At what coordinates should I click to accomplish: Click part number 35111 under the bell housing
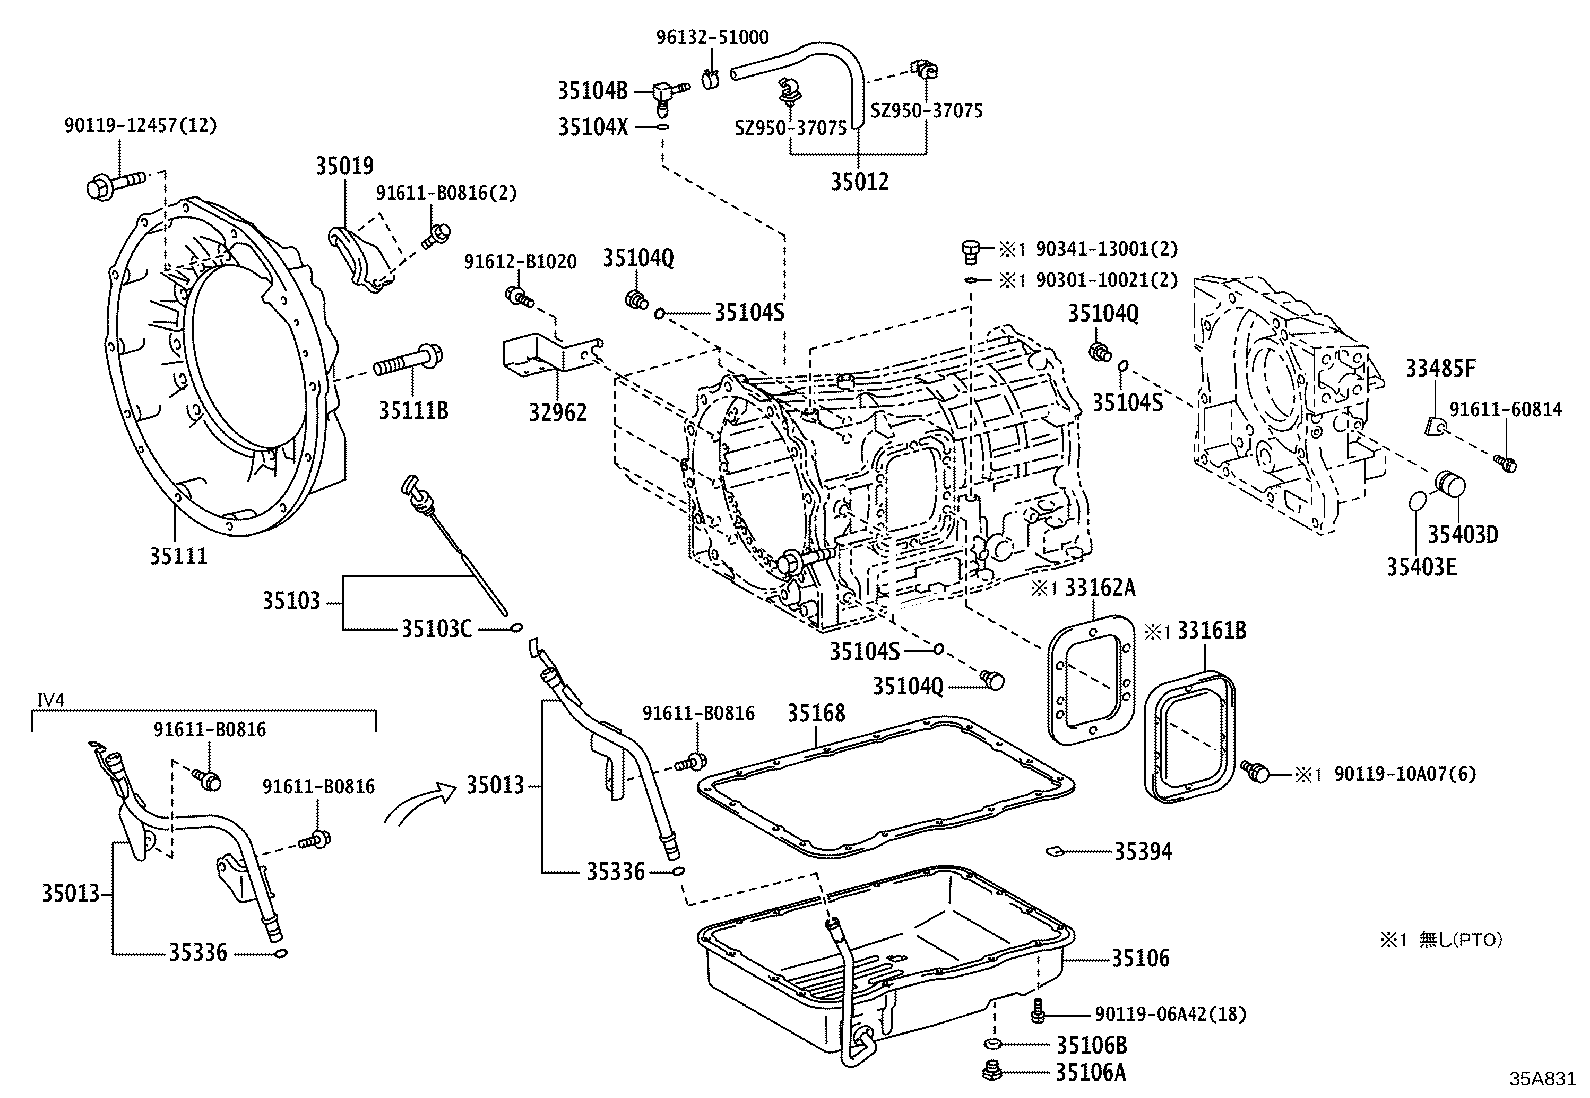[179, 555]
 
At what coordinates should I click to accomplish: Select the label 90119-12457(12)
[139, 125]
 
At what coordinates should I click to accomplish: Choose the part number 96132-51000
[712, 38]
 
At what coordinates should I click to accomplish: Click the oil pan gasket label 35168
[815, 712]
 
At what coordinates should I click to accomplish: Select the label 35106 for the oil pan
[1140, 959]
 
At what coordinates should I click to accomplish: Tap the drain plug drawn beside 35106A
[993, 1073]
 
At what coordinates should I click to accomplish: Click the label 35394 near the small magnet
[1143, 851]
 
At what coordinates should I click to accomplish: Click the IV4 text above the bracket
[50, 700]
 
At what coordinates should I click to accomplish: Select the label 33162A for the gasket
[1099, 587]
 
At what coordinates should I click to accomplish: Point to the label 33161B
[1210, 631]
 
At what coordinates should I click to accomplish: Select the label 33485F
[1440, 369]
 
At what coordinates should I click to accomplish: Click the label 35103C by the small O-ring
[436, 628]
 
